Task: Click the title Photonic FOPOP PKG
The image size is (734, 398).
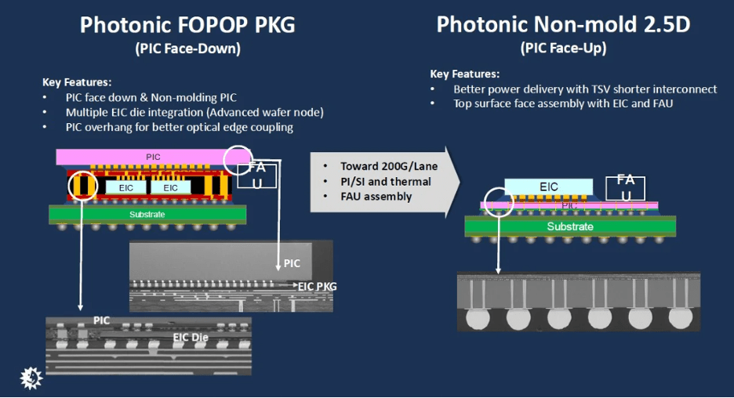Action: click(187, 25)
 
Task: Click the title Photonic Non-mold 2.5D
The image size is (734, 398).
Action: click(563, 24)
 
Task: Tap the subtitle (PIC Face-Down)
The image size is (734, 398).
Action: click(187, 49)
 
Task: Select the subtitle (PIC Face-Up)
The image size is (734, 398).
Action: click(563, 48)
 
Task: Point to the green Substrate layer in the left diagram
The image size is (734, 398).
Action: click(147, 214)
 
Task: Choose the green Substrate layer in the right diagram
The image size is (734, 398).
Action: click(570, 226)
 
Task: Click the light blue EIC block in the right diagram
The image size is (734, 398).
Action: click(549, 187)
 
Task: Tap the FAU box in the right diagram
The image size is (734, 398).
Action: click(626, 188)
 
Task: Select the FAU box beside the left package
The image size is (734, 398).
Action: click(257, 175)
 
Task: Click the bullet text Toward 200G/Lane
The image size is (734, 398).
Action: click(389, 167)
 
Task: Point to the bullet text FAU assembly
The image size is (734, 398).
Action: click(376, 197)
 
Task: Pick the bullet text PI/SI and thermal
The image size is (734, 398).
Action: click(386, 182)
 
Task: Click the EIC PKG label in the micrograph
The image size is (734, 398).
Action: click(318, 286)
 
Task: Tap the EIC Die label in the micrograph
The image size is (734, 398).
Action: click(191, 337)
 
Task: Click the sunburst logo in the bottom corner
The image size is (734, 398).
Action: click(31, 378)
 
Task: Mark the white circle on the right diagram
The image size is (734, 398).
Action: click(499, 187)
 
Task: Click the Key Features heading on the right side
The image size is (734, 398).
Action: click(465, 74)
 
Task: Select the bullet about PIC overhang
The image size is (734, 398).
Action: click(180, 127)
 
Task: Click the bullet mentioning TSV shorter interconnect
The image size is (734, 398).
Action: click(585, 89)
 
